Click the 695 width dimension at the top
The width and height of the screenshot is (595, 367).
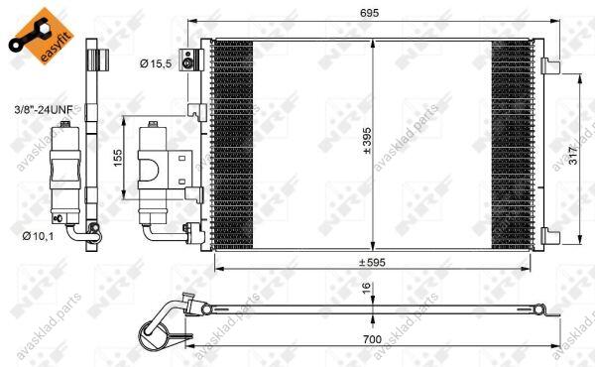pyautogui.click(x=369, y=13)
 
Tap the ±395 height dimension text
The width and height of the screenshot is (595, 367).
pyautogui.click(x=367, y=141)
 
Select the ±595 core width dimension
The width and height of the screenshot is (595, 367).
pyautogui.click(x=372, y=262)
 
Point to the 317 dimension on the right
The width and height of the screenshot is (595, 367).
pyautogui.click(x=572, y=155)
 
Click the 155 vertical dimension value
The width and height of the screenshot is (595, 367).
pyautogui.click(x=118, y=158)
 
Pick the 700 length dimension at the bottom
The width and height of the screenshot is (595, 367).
pyautogui.click(x=372, y=339)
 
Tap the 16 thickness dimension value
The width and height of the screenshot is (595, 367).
pyautogui.click(x=366, y=288)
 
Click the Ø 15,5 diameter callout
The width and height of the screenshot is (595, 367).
pyautogui.click(x=156, y=63)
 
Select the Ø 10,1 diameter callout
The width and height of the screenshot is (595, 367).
pyautogui.click(x=38, y=236)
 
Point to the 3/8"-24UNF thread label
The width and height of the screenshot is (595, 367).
pyautogui.click(x=44, y=110)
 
